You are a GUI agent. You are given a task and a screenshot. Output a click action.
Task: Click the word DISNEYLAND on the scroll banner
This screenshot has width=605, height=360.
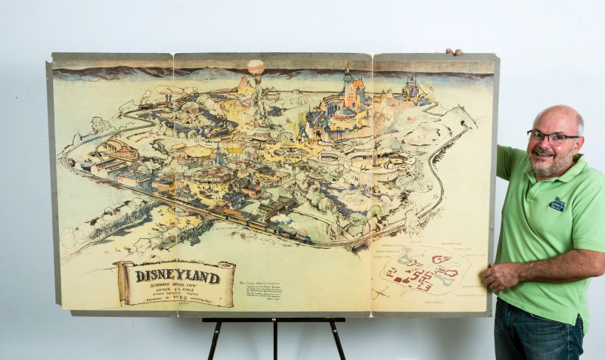[178, 276]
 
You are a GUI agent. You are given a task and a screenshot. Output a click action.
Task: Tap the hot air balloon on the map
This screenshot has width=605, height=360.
[256, 68]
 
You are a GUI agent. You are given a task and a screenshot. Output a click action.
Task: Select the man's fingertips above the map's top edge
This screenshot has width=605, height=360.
[453, 52]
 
